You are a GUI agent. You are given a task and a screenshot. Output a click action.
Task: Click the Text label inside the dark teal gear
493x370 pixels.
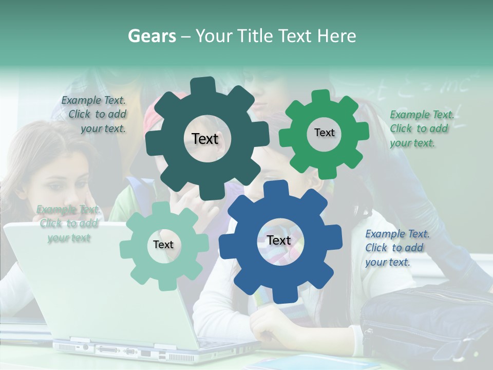pyautogui.click(x=205, y=139)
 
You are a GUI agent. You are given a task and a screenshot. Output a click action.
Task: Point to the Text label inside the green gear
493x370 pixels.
pyautogui.click(x=324, y=133)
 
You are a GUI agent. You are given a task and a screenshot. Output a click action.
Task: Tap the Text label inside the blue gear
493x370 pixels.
pyautogui.click(x=279, y=240)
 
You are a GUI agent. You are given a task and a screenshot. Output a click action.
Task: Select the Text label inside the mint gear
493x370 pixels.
pyautogui.click(x=163, y=245)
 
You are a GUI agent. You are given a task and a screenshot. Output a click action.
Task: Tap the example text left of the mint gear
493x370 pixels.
pyautogui.click(x=68, y=224)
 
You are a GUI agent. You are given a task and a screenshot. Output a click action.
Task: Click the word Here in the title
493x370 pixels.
pyautogui.click(x=337, y=36)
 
